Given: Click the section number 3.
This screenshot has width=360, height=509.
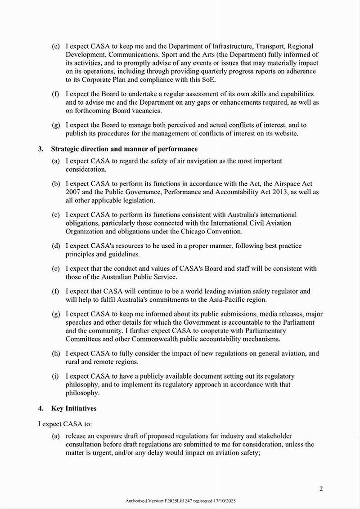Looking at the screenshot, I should tap(40, 149).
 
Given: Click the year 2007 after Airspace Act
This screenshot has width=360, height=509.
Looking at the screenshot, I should tap(73, 192).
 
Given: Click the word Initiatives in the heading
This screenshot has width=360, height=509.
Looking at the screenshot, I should tap(80, 408).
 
